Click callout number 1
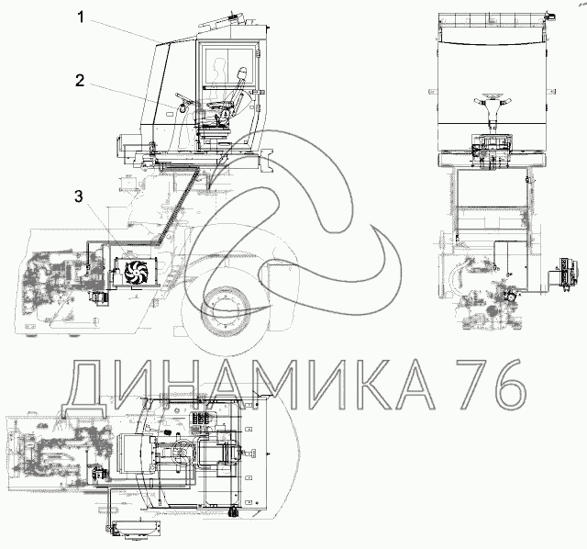[x=82, y=17]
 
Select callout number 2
[x=80, y=81]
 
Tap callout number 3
[x=78, y=196]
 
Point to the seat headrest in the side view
[x=242, y=73]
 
